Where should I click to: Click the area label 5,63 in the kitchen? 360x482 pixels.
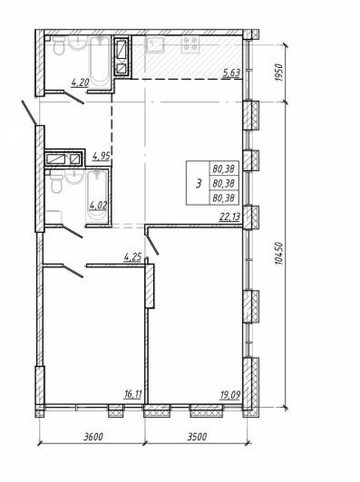pos(232,73)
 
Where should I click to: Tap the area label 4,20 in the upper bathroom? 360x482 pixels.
pos(81,82)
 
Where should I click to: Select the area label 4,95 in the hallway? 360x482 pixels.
pos(102,156)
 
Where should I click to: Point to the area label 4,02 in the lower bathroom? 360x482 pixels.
pos(98,205)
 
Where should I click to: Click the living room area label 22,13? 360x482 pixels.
pos(229,217)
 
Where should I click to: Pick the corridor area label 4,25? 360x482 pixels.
pos(132,256)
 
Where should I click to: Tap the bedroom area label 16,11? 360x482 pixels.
pos(132,394)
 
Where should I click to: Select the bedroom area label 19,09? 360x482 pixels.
pos(230,394)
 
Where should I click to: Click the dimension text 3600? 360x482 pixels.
pos(93,436)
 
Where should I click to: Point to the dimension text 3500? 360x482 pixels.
pos(197,436)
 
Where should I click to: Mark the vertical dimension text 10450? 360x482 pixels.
pos(277,254)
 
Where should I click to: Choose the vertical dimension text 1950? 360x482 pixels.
pos(277,72)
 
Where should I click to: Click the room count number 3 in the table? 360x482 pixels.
pos(199,184)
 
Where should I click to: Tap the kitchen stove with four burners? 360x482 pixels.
pos(190,43)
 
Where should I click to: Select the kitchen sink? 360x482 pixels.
pos(155,43)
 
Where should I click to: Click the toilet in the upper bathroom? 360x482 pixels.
pos(58,45)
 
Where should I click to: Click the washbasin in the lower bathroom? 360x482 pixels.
pos(74,177)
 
